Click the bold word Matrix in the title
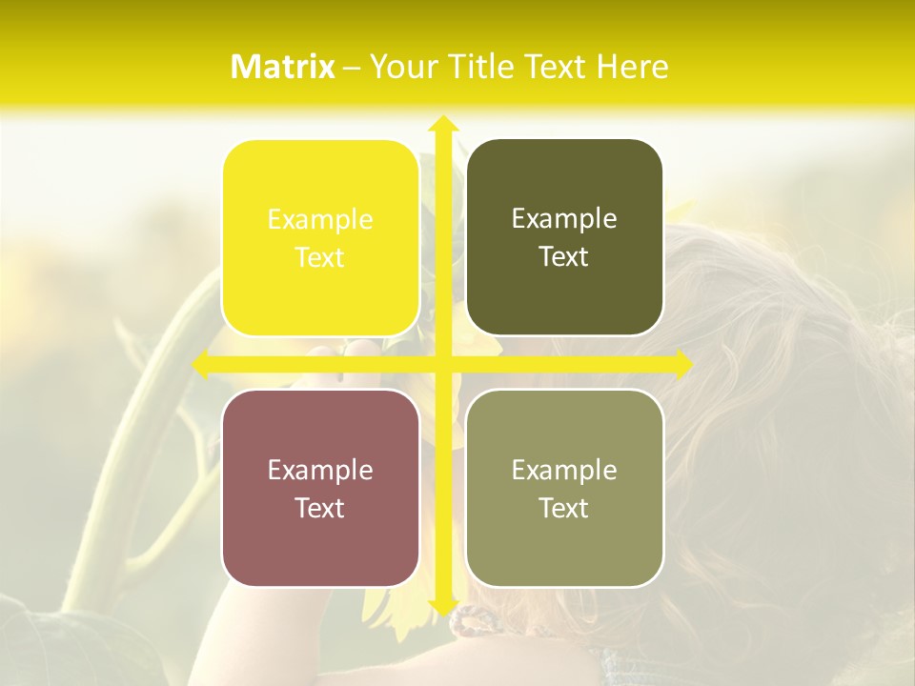[283, 67]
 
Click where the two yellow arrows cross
[442, 364]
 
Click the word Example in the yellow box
[320, 219]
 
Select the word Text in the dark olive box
[564, 257]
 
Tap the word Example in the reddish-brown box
[320, 470]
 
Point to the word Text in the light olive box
[564, 508]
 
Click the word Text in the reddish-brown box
[320, 508]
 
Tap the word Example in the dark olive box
[564, 218]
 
